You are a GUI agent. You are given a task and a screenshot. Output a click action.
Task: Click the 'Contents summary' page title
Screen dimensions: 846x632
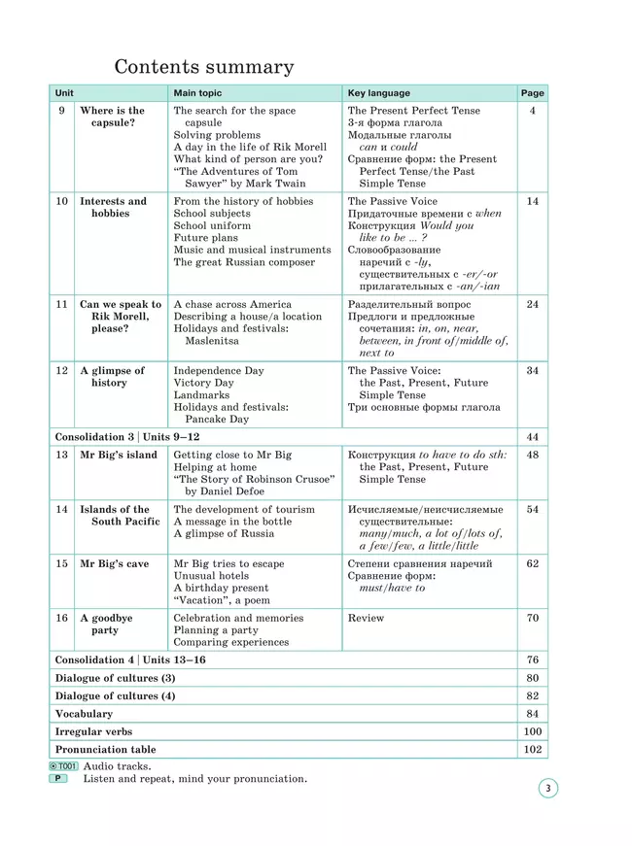point(204,67)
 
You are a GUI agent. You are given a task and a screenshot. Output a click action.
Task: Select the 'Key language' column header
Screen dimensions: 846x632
point(378,93)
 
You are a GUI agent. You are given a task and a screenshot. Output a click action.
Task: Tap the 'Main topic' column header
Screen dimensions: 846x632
point(197,93)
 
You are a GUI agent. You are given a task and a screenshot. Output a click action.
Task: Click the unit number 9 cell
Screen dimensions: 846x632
point(61,111)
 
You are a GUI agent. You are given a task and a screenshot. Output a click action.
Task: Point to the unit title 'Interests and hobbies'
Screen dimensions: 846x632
point(113,207)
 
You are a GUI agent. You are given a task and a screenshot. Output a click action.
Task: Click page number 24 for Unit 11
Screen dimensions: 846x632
point(532,304)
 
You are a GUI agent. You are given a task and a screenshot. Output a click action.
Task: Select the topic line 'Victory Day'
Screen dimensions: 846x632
point(203,383)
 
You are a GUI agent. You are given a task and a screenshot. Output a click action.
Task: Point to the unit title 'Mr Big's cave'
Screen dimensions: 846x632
point(114,563)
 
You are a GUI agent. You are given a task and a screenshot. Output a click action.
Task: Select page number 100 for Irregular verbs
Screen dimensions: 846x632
point(532,731)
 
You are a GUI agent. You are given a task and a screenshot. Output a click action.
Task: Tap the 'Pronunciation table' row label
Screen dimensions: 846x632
point(105,750)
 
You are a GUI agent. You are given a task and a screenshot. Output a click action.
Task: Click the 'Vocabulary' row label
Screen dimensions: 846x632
point(84,714)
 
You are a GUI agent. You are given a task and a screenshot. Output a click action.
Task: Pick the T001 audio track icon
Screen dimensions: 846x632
point(63,766)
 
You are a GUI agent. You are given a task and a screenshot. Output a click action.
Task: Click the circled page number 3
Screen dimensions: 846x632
point(547,789)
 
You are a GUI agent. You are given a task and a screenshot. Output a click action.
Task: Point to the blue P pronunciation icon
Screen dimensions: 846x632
point(59,779)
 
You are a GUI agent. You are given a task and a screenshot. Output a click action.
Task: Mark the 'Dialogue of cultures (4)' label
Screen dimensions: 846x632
point(115,695)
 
